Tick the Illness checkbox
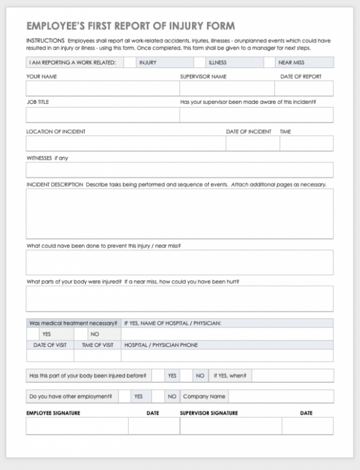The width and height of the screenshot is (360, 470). pos(199,63)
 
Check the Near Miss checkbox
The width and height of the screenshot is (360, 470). pos(269,63)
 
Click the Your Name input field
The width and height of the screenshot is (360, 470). pos(102,88)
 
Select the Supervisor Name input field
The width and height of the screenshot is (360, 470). pos(227,88)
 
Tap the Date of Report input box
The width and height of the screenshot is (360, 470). pos(304,88)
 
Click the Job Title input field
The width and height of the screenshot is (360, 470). pos(102,115)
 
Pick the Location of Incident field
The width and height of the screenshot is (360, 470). pos(125,144)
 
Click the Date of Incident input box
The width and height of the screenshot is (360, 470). pos(253,144)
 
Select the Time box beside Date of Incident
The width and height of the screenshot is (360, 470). pos(306,144)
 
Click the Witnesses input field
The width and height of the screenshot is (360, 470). pos(179,170)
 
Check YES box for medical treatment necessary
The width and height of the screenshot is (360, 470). pos(32,334)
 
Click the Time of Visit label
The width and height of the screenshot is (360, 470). pos(98,345)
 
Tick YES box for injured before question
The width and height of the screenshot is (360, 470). pos(159,375)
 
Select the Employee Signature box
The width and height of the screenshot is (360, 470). pos(77,426)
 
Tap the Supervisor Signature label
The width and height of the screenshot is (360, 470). pos(209,413)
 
